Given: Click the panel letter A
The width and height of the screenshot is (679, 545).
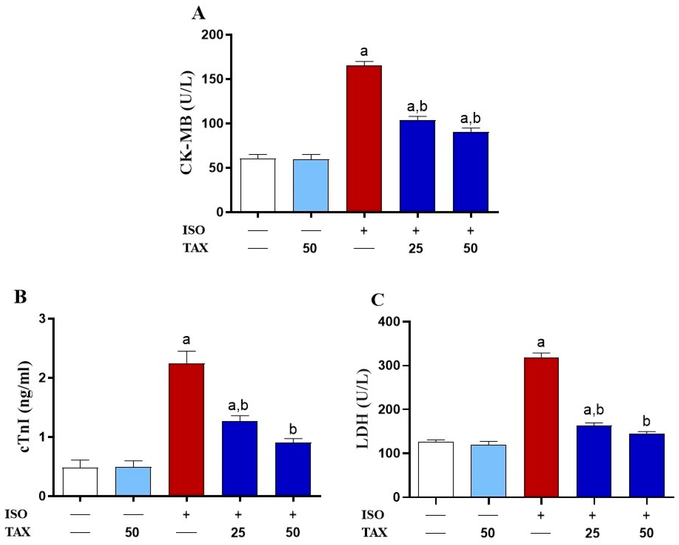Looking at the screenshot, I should click(198, 14).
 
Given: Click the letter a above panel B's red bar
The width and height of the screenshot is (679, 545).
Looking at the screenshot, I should click(186, 340).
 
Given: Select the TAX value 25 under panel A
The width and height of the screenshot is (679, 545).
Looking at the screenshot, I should click(416, 248).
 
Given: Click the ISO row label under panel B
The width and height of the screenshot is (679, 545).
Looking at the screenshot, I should click(16, 514).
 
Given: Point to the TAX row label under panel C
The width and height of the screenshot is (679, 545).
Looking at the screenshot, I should click(374, 532).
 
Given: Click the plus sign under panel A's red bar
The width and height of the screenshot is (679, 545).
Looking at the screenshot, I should click(364, 231).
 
